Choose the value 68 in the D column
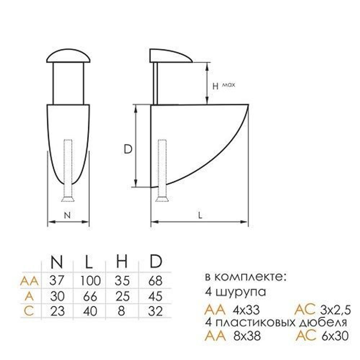click(x=154, y=280)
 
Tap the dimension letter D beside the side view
click(x=128, y=149)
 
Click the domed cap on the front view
click(x=68, y=56)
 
